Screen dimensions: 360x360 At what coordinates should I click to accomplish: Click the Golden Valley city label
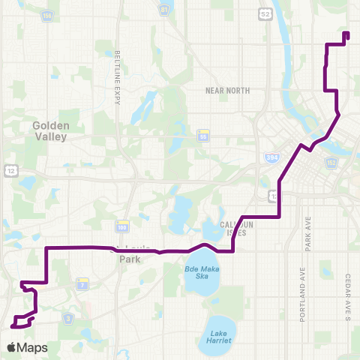tap(50, 132)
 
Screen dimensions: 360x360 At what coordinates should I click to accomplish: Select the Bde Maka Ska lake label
tap(200, 271)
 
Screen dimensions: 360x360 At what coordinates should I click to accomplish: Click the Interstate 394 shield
tap(272, 158)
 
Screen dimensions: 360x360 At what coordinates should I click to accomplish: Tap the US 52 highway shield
tap(264, 13)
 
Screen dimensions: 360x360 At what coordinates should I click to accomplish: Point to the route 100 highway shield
tap(121, 226)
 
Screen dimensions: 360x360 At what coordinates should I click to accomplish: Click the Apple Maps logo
tap(26, 347)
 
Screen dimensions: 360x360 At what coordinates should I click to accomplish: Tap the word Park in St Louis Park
tap(130, 259)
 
